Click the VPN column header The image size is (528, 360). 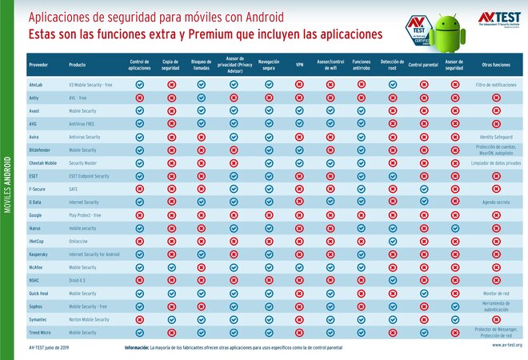pos(299,64)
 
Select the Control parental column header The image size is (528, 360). pos(423,64)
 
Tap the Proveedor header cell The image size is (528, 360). pos(38,64)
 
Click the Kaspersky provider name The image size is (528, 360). pos(40,254)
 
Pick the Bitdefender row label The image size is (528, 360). pos(42,150)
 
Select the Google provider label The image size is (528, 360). pos(36,214)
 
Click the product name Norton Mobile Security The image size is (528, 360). pos(89,319)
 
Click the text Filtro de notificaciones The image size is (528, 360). pos(496,84)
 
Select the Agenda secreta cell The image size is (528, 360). pos(496,202)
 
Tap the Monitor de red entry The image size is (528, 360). pos(496,293)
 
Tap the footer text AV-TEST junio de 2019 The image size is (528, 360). pos(50,346)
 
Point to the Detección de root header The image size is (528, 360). pos(392,64)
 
